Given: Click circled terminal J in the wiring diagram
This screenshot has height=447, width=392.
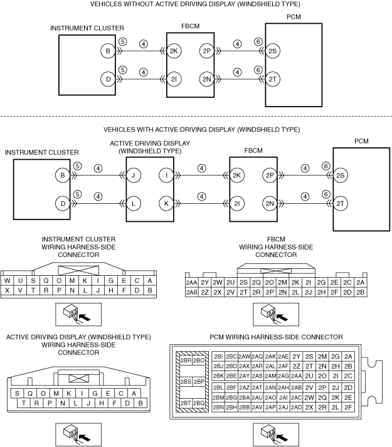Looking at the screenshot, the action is [x=133, y=176].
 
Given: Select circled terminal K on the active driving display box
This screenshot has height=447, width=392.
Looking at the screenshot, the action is [x=166, y=204].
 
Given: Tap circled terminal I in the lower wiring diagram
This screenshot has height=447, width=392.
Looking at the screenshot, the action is [x=166, y=176].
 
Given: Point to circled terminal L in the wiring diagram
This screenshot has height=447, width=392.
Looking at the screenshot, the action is [x=133, y=204].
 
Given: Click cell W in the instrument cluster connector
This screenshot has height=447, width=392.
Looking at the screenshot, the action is [x=7, y=280].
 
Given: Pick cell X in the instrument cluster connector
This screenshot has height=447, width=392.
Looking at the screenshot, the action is [x=7, y=290].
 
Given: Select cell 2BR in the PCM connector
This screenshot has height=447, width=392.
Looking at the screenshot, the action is [x=186, y=360].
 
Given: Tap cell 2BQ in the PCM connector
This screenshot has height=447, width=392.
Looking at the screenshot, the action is [x=199, y=403].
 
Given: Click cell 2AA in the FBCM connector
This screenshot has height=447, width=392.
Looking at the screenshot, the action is [x=191, y=283].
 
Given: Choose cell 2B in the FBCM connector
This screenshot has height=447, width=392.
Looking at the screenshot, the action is [x=361, y=292].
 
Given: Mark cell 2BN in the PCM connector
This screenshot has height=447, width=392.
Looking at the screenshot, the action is [x=218, y=408].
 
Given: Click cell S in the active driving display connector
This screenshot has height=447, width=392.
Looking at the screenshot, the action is [x=17, y=394].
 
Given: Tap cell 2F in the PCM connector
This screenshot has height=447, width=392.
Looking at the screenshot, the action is [x=348, y=408].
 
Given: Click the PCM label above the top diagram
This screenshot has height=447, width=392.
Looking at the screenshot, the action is [x=294, y=17].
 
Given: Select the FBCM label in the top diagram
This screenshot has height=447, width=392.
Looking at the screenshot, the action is [x=190, y=26].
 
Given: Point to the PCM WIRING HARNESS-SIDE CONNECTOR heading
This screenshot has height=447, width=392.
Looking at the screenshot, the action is [x=276, y=337].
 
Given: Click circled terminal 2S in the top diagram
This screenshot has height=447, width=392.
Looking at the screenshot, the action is [x=273, y=51].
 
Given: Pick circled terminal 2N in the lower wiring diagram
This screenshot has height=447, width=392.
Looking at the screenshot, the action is [x=270, y=204].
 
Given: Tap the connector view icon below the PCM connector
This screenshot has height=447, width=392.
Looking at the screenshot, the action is [x=276, y=434].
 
